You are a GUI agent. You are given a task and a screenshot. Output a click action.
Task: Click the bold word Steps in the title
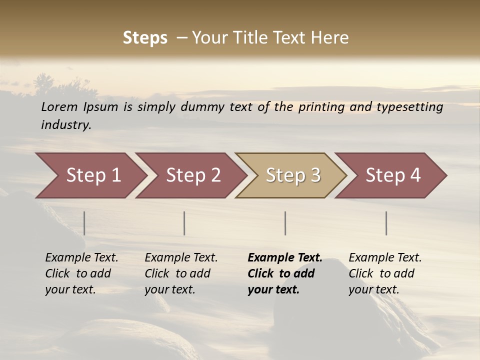(145, 38)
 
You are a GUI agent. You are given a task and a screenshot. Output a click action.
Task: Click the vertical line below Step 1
(84, 223)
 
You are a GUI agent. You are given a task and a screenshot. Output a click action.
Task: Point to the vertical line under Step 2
(184, 223)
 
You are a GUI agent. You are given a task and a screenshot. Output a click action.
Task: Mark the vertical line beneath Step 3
(285, 223)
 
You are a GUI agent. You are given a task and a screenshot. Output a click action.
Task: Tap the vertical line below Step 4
(386, 223)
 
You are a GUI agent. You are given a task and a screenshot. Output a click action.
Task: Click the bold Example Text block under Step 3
(285, 273)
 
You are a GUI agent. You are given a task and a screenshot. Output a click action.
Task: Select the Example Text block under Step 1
(81, 273)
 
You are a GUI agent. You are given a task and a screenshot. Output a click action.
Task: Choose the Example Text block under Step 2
(181, 273)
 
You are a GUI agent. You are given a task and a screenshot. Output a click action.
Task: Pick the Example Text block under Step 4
(385, 273)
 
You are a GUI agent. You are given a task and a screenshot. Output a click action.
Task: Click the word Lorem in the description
(59, 107)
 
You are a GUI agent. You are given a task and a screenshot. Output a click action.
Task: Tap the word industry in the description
(66, 125)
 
